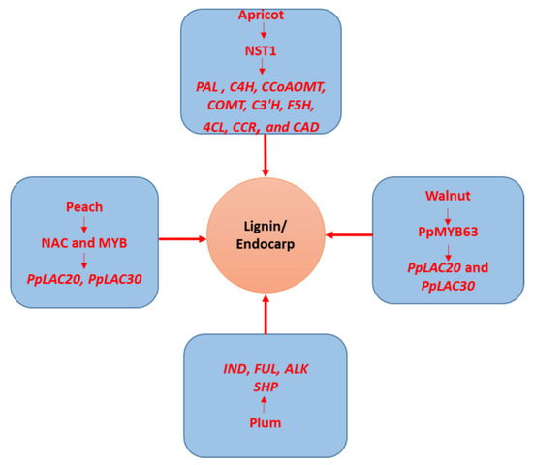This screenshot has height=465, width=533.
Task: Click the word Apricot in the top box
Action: (x=264, y=16)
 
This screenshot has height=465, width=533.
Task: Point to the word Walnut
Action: (x=449, y=197)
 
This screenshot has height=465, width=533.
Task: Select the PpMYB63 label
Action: (x=449, y=232)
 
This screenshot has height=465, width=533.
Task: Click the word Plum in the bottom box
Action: (x=264, y=422)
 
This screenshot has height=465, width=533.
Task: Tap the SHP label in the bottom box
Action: (x=264, y=387)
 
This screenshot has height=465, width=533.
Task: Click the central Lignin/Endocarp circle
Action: (x=264, y=235)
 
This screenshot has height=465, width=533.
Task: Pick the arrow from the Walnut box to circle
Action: (x=348, y=233)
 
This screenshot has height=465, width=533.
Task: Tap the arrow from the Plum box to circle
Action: (x=264, y=312)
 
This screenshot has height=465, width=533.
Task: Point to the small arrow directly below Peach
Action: (x=84, y=226)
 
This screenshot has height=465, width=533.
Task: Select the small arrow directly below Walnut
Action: (x=449, y=214)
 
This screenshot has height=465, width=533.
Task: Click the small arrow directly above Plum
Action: (x=264, y=405)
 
